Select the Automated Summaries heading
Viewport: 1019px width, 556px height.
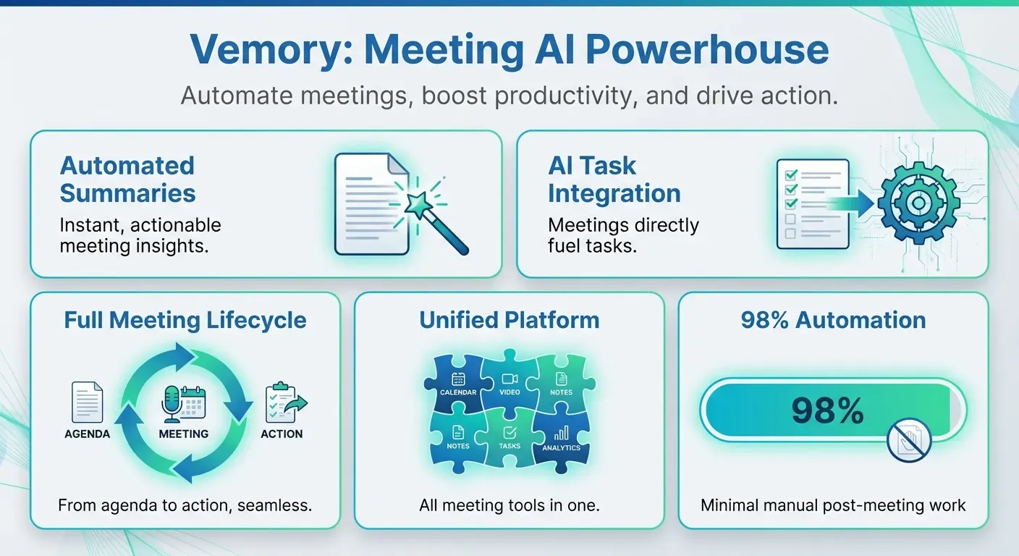pos(127,179)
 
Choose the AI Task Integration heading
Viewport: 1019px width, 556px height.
pos(614,179)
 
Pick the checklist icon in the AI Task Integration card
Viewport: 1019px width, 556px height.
pos(812,203)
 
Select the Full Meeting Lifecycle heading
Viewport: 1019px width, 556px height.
pos(185,320)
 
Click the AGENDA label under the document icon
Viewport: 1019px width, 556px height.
pos(87,434)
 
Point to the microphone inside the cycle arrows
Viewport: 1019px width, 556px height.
pos(172,402)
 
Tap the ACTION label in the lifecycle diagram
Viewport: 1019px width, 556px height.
pos(282,434)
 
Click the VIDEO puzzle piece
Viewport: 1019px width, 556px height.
pos(509,384)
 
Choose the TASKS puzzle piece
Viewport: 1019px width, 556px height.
pos(509,438)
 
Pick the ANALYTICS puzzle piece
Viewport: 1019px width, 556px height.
pos(561,439)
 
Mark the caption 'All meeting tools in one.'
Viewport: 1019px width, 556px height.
pos(509,505)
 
